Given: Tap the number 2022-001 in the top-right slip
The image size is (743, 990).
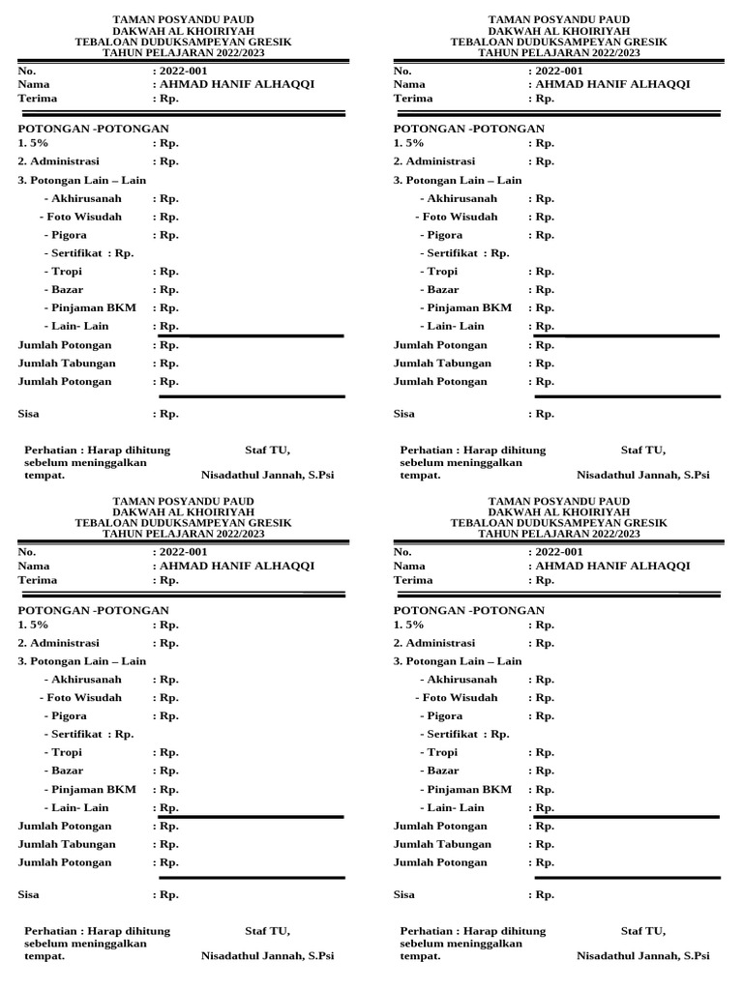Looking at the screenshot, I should click(558, 71).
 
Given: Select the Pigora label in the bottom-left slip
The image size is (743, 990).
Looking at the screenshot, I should click(67, 716).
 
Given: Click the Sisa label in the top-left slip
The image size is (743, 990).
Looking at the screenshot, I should click(29, 414).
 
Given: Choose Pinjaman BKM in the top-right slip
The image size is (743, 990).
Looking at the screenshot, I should click(469, 307).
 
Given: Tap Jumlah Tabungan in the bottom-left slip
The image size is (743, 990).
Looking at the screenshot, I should click(68, 844).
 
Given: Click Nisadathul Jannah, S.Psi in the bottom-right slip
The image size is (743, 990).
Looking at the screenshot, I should click(642, 956).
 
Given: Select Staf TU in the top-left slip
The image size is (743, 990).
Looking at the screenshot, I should click(267, 450).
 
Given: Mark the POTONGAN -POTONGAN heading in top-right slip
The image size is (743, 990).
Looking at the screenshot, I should click(469, 129).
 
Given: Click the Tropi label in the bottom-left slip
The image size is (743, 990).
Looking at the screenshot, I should click(65, 752).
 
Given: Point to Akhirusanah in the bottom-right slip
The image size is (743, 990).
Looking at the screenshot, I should click(461, 680).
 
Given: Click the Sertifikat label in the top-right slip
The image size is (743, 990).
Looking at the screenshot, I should click(454, 253).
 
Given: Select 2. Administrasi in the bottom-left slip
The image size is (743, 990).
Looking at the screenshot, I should click(59, 643).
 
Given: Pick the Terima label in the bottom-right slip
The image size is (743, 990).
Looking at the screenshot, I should click(414, 580).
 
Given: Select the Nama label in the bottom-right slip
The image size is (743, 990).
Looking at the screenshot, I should click(410, 566).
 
